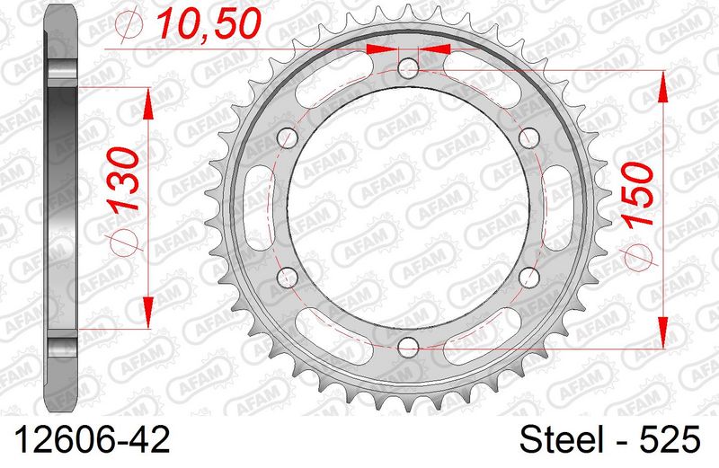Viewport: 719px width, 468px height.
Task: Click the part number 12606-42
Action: coord(93,439)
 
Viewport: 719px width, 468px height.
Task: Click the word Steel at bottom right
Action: coord(561,439)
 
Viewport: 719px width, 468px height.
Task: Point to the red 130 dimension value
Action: coord(124,179)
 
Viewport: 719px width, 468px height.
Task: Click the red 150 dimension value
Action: coord(638,194)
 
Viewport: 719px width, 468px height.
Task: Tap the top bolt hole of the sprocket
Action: coord(408,69)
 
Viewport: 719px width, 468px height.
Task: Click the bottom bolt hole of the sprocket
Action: coord(408,347)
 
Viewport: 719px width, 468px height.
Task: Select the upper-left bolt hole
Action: coord(288,138)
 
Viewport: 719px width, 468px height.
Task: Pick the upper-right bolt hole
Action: coord(528,138)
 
